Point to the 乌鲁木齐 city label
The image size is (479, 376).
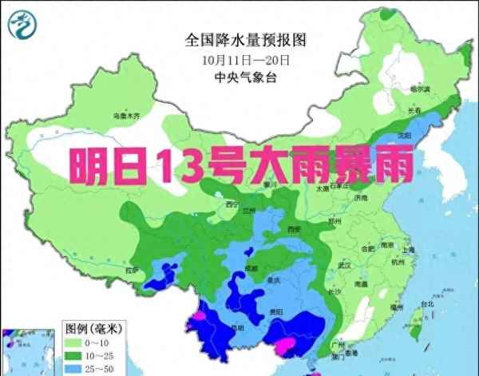(x=126, y=117)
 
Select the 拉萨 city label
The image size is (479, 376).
(x=132, y=271)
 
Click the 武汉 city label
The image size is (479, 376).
(x=346, y=264)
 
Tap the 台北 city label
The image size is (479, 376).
(x=426, y=304)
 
